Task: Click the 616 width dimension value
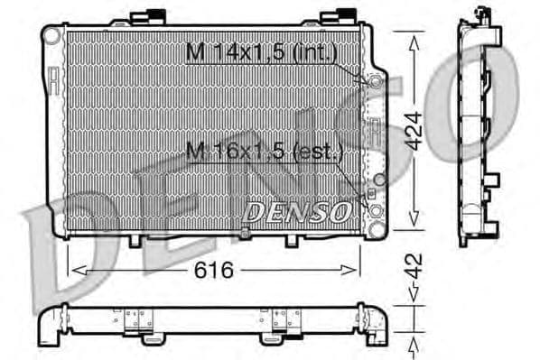pyautogui.click(x=215, y=270)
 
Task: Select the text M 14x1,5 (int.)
pyautogui.click(x=261, y=53)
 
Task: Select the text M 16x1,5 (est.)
pyautogui.click(x=264, y=152)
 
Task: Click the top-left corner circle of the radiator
pyautogui.click(x=52, y=34)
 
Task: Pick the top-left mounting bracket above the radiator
pyautogui.click(x=146, y=15)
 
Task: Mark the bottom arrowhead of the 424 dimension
pyautogui.click(x=414, y=223)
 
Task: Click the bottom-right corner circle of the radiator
pyautogui.click(x=375, y=210)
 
